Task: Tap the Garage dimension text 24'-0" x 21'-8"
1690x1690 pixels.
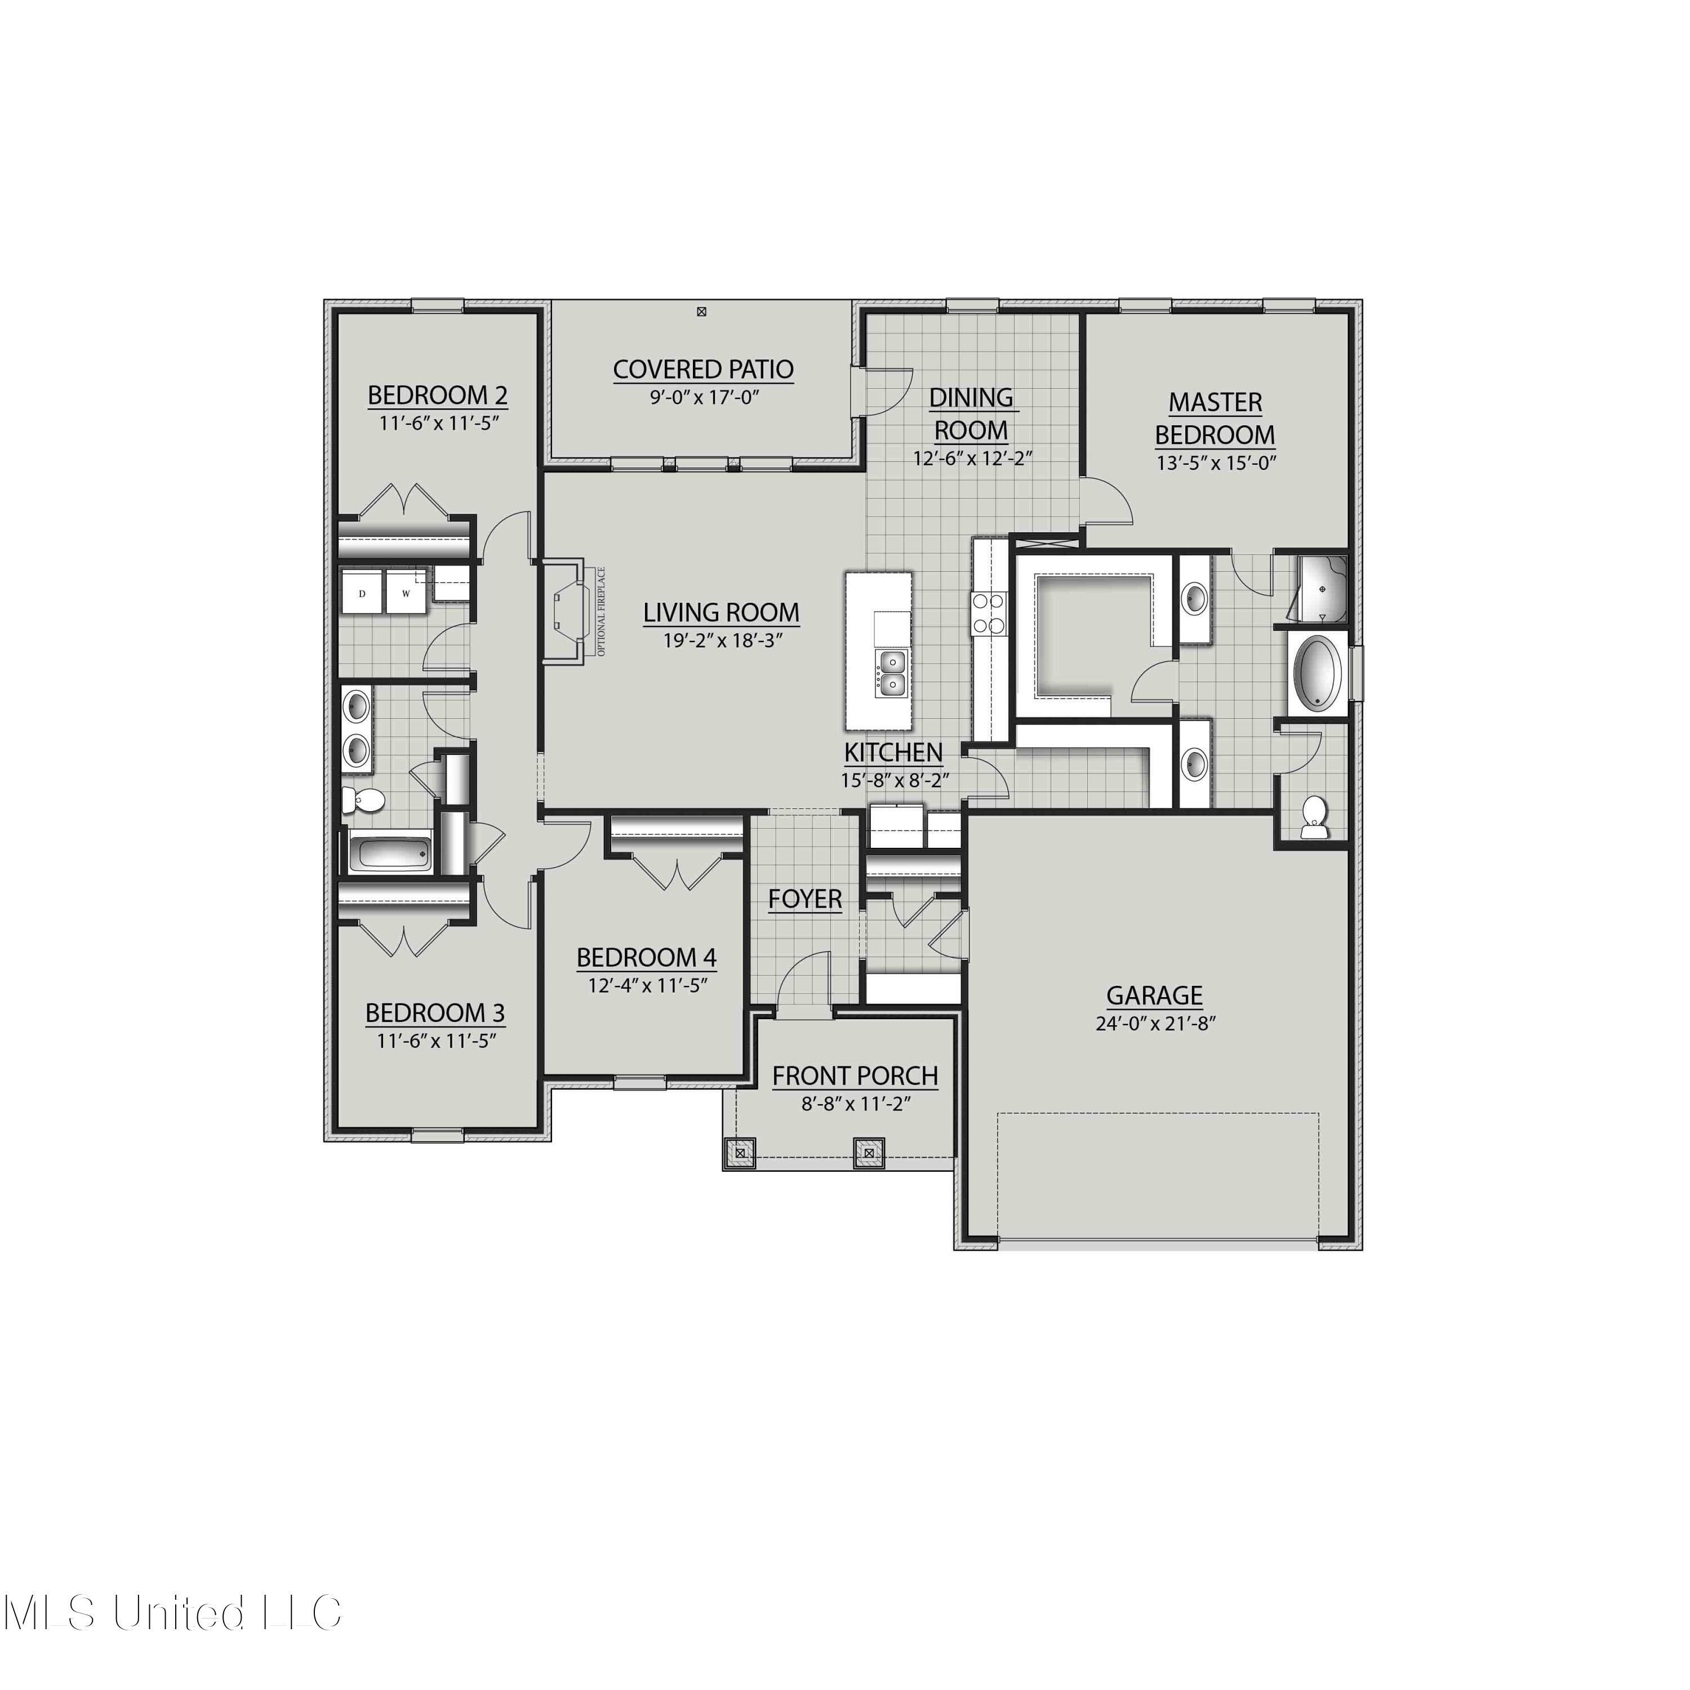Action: coord(1155,1024)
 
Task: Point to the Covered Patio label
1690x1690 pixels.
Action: coord(703,370)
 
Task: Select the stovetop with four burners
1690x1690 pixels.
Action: coord(989,612)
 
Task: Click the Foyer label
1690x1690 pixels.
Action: coord(805,899)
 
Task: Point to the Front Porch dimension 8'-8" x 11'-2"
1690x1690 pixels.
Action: coord(856,1104)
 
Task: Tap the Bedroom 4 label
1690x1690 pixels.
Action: coord(647,958)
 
